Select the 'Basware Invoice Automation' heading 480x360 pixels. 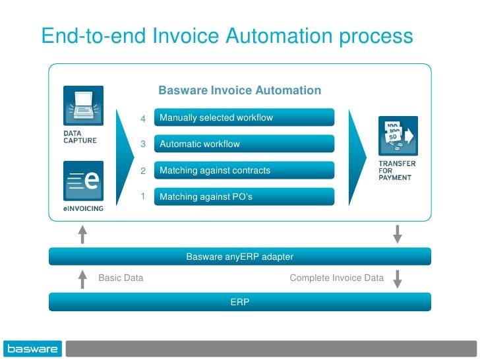pos(239,90)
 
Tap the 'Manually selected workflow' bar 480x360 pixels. pos(244,118)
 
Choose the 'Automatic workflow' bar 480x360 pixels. pos(244,144)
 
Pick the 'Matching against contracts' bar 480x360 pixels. pos(244,170)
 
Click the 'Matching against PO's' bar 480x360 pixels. pos(244,196)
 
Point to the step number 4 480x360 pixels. pos(142,119)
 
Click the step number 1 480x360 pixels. pos(142,196)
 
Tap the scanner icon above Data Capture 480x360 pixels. pos(83,105)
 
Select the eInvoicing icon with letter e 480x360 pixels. pos(83,181)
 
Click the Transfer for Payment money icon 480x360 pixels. pos(398,136)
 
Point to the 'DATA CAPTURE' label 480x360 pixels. pos(79,136)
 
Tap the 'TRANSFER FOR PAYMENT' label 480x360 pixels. pos(396,169)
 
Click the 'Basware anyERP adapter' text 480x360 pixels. pos(239,256)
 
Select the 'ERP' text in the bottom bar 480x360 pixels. pos(239,302)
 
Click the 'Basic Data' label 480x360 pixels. pos(121,278)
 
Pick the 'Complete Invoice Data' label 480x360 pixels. pos(336,278)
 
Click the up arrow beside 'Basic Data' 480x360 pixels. pos(82,279)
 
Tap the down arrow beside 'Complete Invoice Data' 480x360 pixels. pos(398,278)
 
